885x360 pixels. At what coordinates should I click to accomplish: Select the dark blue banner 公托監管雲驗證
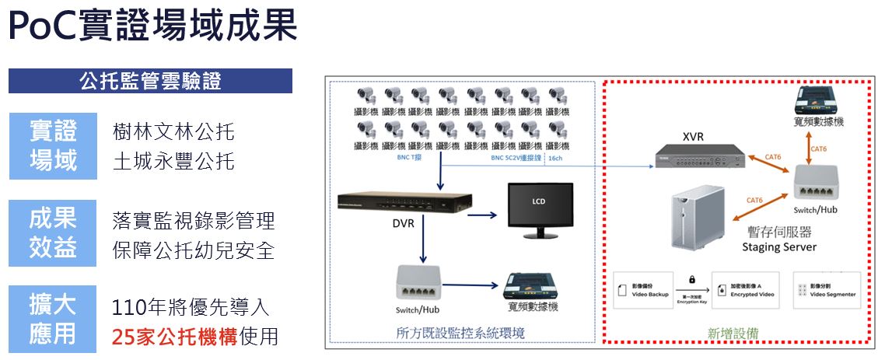tap(150, 81)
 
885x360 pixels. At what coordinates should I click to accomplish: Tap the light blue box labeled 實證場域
tap(53, 145)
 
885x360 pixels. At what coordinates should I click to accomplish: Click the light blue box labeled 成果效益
tap(53, 232)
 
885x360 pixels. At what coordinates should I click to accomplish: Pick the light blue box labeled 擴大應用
tap(53, 319)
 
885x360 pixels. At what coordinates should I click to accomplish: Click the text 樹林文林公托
tap(173, 132)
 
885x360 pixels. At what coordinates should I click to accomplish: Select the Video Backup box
tap(642, 290)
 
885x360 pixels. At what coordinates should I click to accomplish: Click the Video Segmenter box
tap(827, 290)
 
